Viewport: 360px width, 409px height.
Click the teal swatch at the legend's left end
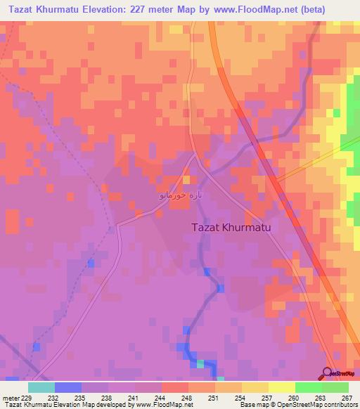(x=41, y=387)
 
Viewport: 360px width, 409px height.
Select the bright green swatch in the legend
(x=308, y=387)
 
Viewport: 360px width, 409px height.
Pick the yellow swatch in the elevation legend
(x=281, y=387)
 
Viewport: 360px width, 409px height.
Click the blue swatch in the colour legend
(x=67, y=387)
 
